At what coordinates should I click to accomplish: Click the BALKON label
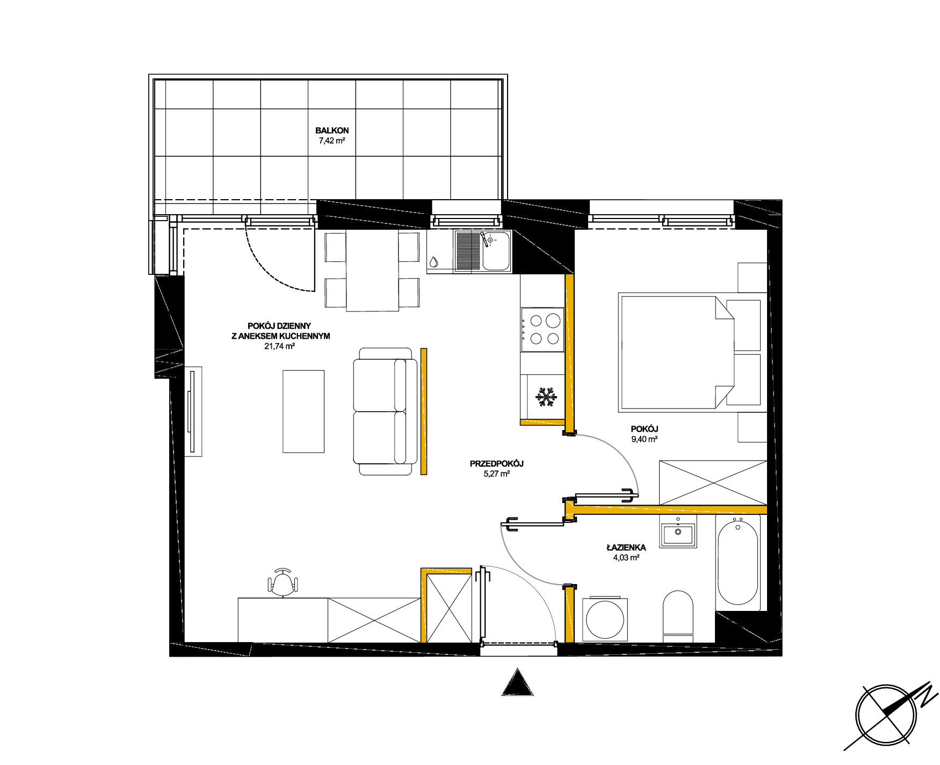coord(332,130)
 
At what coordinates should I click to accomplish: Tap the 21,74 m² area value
coord(279,346)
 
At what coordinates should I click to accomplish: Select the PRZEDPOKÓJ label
coord(496,463)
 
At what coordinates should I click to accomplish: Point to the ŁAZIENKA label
coord(626,548)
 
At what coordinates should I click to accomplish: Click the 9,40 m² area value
coord(645,439)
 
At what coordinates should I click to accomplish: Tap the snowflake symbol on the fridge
coord(546,397)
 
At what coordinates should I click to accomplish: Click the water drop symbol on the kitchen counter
coord(433,262)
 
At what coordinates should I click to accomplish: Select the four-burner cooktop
coord(543,330)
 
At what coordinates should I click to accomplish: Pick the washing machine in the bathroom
coord(605,619)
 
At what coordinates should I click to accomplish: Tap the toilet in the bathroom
coord(678,616)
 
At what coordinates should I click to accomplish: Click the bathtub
coord(738,562)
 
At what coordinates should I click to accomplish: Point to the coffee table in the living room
coord(303,411)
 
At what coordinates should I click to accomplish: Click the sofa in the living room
coord(385,411)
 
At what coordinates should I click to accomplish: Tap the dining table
coord(372,270)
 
